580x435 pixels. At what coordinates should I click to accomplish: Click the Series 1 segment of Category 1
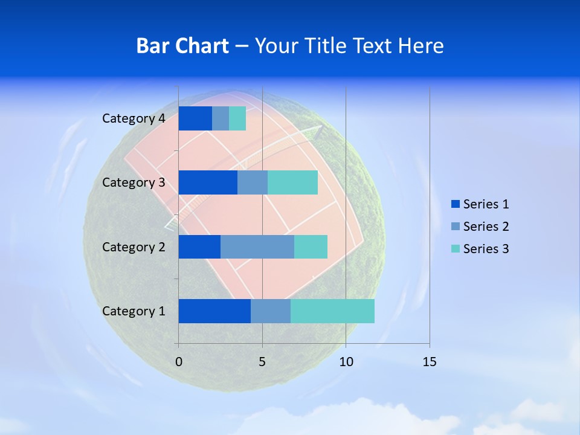tap(214, 311)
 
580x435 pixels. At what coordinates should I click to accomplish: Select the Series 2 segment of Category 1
tap(271, 311)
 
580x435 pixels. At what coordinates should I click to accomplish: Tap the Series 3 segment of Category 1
tap(332, 311)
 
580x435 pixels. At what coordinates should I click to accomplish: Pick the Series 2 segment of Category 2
tap(257, 246)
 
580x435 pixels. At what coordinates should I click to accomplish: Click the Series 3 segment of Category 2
tap(311, 246)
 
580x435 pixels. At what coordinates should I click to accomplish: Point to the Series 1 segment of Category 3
tap(208, 182)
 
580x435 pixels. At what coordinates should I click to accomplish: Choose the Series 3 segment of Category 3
tap(292, 182)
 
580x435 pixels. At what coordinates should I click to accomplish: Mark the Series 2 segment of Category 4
tap(221, 118)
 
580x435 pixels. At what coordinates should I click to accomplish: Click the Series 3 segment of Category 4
tap(237, 118)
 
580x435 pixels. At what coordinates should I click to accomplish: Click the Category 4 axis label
tap(134, 118)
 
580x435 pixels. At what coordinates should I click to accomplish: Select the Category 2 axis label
tap(134, 246)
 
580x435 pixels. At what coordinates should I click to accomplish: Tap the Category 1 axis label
tap(134, 311)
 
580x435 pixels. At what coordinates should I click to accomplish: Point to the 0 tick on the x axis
tap(178, 362)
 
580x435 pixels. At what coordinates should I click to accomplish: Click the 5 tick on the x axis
tap(262, 362)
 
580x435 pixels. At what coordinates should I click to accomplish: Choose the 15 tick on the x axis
tap(429, 362)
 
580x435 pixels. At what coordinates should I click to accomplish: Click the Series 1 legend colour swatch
tap(455, 204)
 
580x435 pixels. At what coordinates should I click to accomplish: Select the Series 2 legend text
tap(486, 227)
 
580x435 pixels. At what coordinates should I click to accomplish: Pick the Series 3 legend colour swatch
tap(455, 249)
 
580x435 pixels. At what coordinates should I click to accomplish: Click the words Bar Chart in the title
tap(182, 46)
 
